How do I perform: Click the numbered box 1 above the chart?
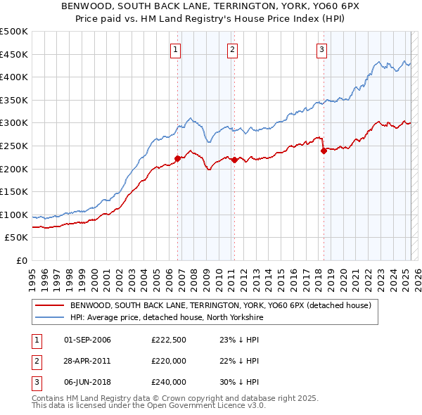click(175, 49)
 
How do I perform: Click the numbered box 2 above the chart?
click(232, 49)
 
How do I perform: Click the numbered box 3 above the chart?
click(321, 49)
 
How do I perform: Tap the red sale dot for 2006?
click(177, 158)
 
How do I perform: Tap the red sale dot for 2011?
click(234, 160)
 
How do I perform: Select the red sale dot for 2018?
click(323, 151)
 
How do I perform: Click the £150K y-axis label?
click(14, 192)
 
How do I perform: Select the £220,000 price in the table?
click(169, 361)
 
